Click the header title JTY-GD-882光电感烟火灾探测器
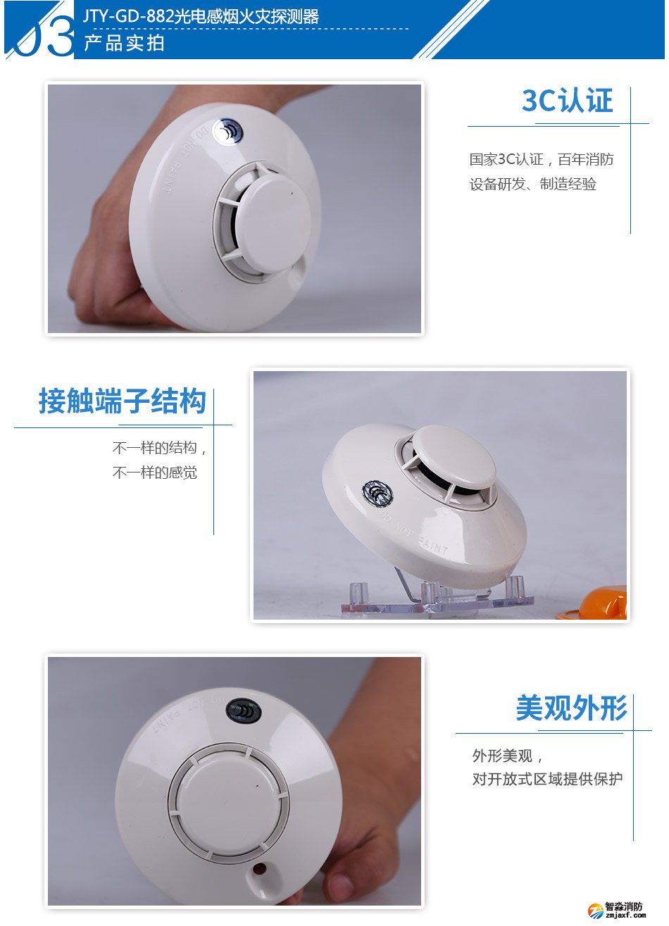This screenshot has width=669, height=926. click(201, 16)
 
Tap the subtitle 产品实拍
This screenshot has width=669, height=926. click(124, 43)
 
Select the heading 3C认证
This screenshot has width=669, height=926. click(568, 101)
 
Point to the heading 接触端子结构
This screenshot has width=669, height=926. click(122, 402)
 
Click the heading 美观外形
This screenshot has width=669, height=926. click(571, 708)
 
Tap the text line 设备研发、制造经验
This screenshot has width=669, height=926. click(533, 184)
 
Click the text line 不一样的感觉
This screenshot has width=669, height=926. click(155, 473)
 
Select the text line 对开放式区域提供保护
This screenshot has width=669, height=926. click(547, 780)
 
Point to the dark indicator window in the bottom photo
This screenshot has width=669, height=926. click(244, 711)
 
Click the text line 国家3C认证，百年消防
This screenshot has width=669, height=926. click(542, 160)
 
